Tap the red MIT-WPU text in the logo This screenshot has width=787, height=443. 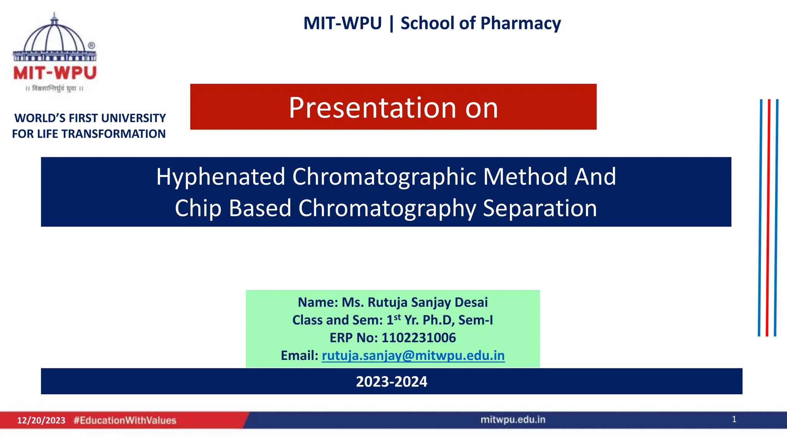[x=55, y=73]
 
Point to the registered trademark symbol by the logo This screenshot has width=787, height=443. [x=91, y=45]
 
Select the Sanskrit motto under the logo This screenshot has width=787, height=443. [x=55, y=89]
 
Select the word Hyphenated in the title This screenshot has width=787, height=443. [x=221, y=177]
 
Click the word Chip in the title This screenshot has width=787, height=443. [x=198, y=208]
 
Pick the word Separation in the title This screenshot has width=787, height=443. [x=540, y=208]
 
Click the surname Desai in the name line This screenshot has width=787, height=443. [x=471, y=302]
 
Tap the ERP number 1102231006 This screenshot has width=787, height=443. [x=418, y=338]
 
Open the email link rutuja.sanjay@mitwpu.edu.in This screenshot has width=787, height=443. [x=413, y=356]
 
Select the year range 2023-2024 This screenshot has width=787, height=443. [x=391, y=381]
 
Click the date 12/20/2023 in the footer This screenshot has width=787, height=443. [x=41, y=420]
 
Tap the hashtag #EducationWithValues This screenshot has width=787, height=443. [x=125, y=420]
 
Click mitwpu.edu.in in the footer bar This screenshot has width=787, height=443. [x=513, y=420]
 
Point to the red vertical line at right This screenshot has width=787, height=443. [x=768, y=217]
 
